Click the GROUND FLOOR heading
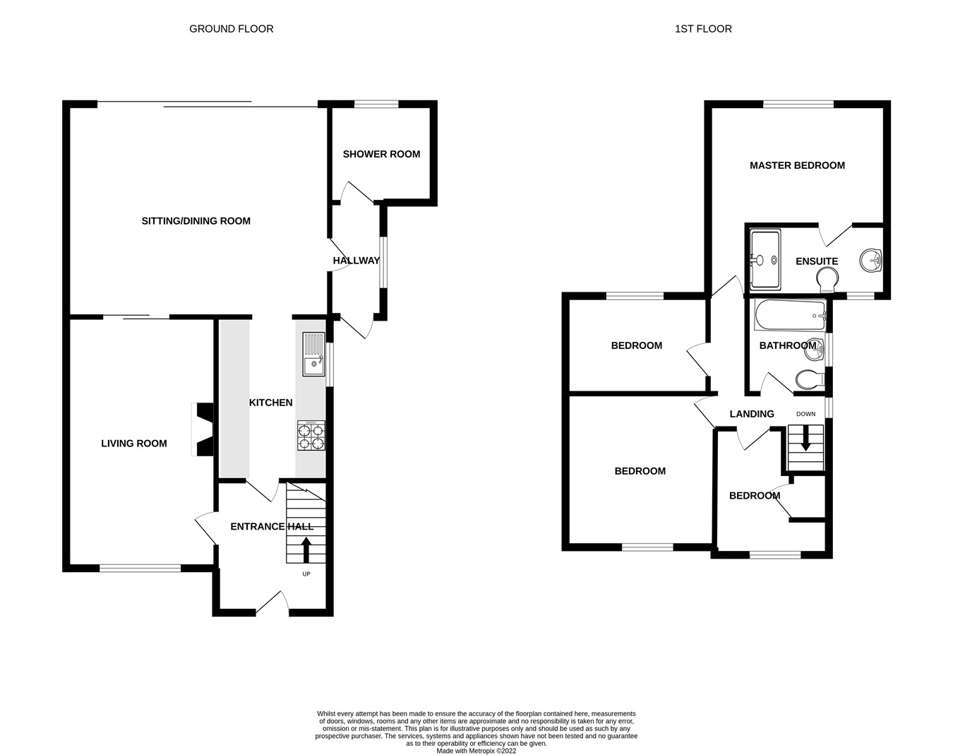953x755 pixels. pyautogui.click(x=231, y=29)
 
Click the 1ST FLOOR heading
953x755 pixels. pyautogui.click(x=703, y=29)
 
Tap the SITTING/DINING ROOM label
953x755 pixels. pyautogui.click(x=196, y=221)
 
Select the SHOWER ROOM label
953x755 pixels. pyautogui.click(x=381, y=154)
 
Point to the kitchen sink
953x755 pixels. pyautogui.click(x=312, y=355)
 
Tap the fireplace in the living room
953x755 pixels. pyautogui.click(x=203, y=430)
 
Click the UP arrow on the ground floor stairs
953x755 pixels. pyautogui.click(x=306, y=549)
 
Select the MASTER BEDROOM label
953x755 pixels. pyautogui.click(x=797, y=165)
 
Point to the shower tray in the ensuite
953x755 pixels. pyautogui.click(x=765, y=260)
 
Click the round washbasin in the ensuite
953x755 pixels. pyautogui.click(x=872, y=261)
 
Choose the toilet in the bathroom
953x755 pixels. pyautogui.click(x=809, y=380)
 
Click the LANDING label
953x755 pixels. pyautogui.click(x=752, y=414)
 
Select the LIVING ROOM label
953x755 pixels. pyautogui.click(x=134, y=444)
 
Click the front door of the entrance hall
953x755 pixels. pyautogui.click(x=272, y=602)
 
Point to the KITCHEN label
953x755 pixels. pyautogui.click(x=270, y=403)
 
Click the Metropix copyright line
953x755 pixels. pyautogui.click(x=476, y=751)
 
